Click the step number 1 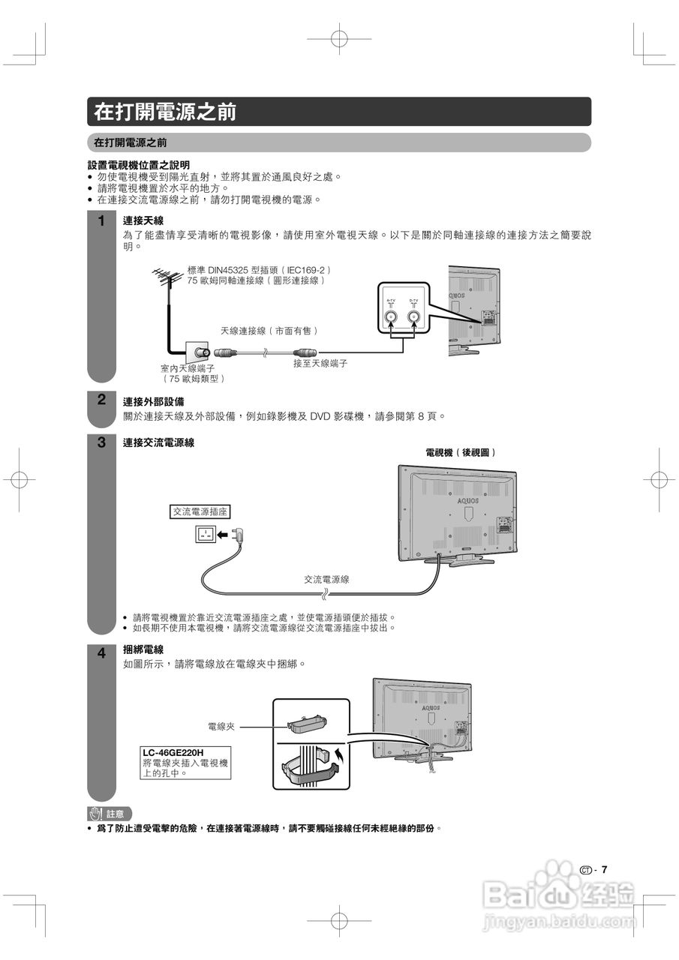pos(101,222)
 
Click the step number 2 pos(101,400)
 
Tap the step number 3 pos(101,442)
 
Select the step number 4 pos(101,653)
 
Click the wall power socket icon pos(204,534)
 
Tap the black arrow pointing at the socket pos(223,535)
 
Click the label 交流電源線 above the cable pos(326,580)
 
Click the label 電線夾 pos(221,727)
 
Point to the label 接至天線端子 pos(320,364)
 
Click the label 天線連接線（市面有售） pos(269,331)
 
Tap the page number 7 pos(604,870)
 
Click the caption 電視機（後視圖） pos(461,452)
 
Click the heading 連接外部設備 pos(153,401)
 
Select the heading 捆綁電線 pos(143,650)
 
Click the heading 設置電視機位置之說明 pos(139,164)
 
